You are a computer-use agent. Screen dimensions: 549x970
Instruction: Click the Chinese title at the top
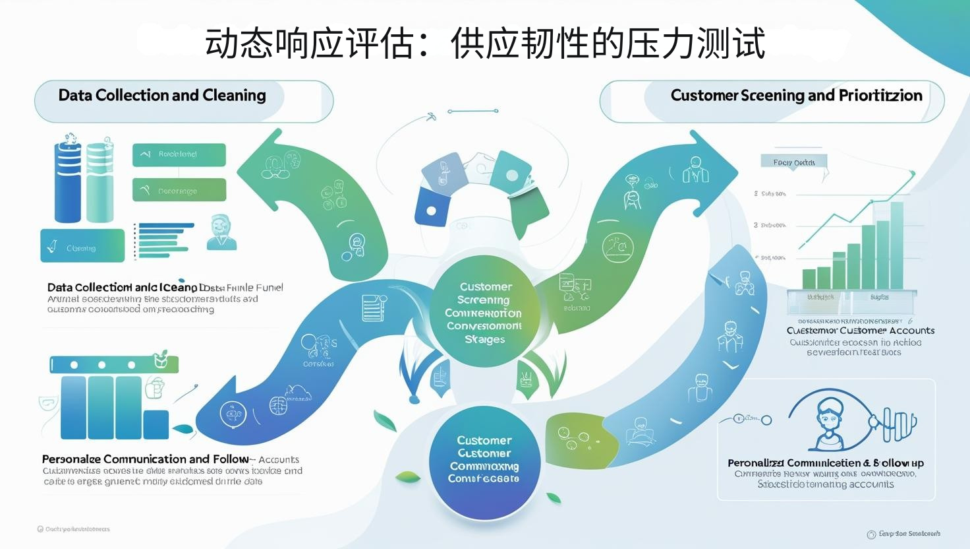tap(485, 44)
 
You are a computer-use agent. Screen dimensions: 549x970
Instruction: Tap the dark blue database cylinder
tap(67, 181)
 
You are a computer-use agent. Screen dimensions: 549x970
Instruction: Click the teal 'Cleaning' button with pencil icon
tap(82, 246)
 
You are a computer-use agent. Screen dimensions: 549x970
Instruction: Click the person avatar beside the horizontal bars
tap(221, 233)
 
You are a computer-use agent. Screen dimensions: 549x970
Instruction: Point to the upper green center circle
tap(484, 312)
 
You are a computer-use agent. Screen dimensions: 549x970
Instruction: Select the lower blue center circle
tap(484, 459)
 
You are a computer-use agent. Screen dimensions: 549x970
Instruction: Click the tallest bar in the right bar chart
tap(897, 245)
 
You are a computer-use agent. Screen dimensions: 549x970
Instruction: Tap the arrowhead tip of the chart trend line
tap(913, 173)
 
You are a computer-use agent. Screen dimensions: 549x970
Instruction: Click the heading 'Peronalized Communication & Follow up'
tap(826, 463)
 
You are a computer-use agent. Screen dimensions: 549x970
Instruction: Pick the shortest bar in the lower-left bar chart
tap(156, 424)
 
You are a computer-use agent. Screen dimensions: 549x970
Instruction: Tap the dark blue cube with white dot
tap(432, 207)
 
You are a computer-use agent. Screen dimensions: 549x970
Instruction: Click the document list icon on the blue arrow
tap(373, 307)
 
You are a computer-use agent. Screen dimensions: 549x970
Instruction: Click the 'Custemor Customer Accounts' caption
tap(860, 331)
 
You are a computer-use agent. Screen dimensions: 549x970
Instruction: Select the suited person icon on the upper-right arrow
tap(695, 170)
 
